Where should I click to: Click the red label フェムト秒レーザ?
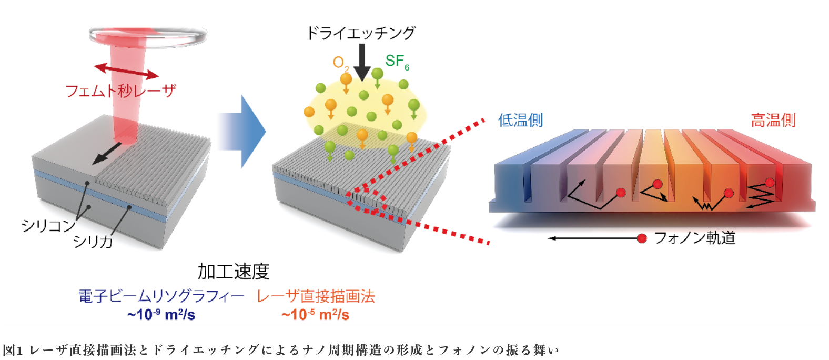(x=120, y=91)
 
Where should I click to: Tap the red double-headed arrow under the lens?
(x=126, y=71)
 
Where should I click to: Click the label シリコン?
(x=48, y=226)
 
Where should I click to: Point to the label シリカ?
(x=93, y=242)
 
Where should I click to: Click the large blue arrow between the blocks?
(x=241, y=131)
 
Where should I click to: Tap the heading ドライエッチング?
(x=361, y=33)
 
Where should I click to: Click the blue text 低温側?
(x=520, y=121)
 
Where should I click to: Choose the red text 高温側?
(x=773, y=121)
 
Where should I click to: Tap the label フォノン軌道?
(x=694, y=238)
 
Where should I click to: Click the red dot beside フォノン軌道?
(x=642, y=238)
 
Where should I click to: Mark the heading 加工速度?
(x=234, y=272)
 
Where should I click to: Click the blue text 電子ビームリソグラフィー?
(x=161, y=296)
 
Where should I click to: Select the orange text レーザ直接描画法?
(x=316, y=296)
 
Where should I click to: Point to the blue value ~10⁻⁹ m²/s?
(x=161, y=315)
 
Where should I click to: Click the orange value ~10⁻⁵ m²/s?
(x=316, y=315)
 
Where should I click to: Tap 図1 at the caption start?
(x=13, y=350)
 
